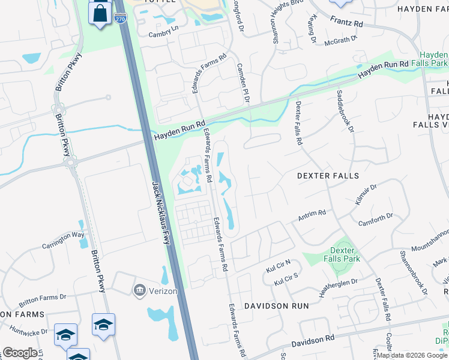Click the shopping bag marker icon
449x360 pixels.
(x=100, y=13)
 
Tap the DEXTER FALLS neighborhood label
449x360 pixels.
(x=328, y=176)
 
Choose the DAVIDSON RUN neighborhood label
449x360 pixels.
(x=276, y=305)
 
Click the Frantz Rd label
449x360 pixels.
(x=346, y=22)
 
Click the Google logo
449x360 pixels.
(x=20, y=353)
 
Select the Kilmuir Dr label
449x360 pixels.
(x=366, y=196)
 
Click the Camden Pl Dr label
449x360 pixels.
(x=243, y=83)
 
